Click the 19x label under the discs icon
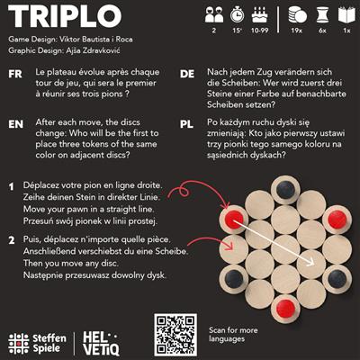(x=298, y=31)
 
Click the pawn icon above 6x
(x=321, y=14)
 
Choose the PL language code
(x=188, y=121)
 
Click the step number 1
(x=12, y=187)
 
